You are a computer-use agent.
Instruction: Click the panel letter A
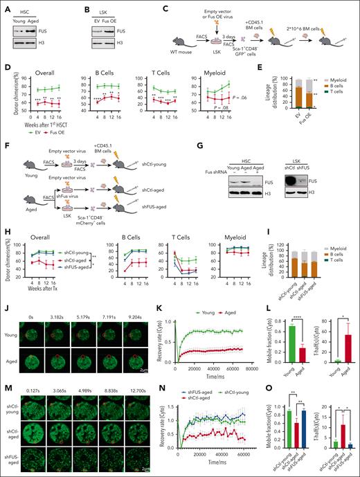(5, 6)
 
